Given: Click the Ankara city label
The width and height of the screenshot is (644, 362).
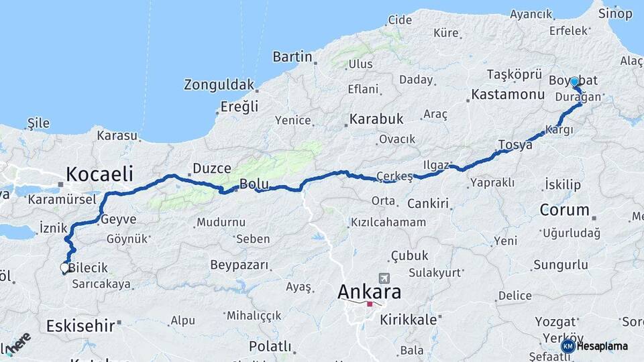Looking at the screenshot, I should [370, 292].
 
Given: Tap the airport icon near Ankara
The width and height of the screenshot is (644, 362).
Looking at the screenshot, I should [384, 278].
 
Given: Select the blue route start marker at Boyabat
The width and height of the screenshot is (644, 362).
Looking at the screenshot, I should [574, 82].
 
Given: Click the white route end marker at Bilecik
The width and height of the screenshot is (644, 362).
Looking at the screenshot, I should [64, 267].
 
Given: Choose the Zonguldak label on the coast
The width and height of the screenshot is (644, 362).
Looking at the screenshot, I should [219, 85].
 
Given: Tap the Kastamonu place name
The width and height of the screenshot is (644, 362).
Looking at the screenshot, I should [507, 95].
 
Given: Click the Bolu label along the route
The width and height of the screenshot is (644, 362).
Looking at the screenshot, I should [254, 184].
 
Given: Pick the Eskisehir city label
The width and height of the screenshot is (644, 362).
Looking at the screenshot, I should [79, 326].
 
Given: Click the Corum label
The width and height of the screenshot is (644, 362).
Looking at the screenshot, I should [564, 210].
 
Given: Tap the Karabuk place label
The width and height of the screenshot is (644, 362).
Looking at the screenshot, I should [376, 119].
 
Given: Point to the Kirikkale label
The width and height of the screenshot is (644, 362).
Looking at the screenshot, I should [409, 320].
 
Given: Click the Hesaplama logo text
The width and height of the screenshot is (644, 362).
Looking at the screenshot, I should [602, 346].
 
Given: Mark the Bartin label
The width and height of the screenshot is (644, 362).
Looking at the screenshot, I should [292, 57].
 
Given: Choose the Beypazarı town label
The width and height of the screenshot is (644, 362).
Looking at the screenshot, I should [239, 265].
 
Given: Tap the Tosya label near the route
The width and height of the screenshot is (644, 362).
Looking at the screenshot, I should [515, 144].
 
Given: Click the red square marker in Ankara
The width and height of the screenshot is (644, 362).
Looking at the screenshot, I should [370, 304].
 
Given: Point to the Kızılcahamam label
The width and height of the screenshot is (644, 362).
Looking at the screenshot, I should [388, 222].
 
